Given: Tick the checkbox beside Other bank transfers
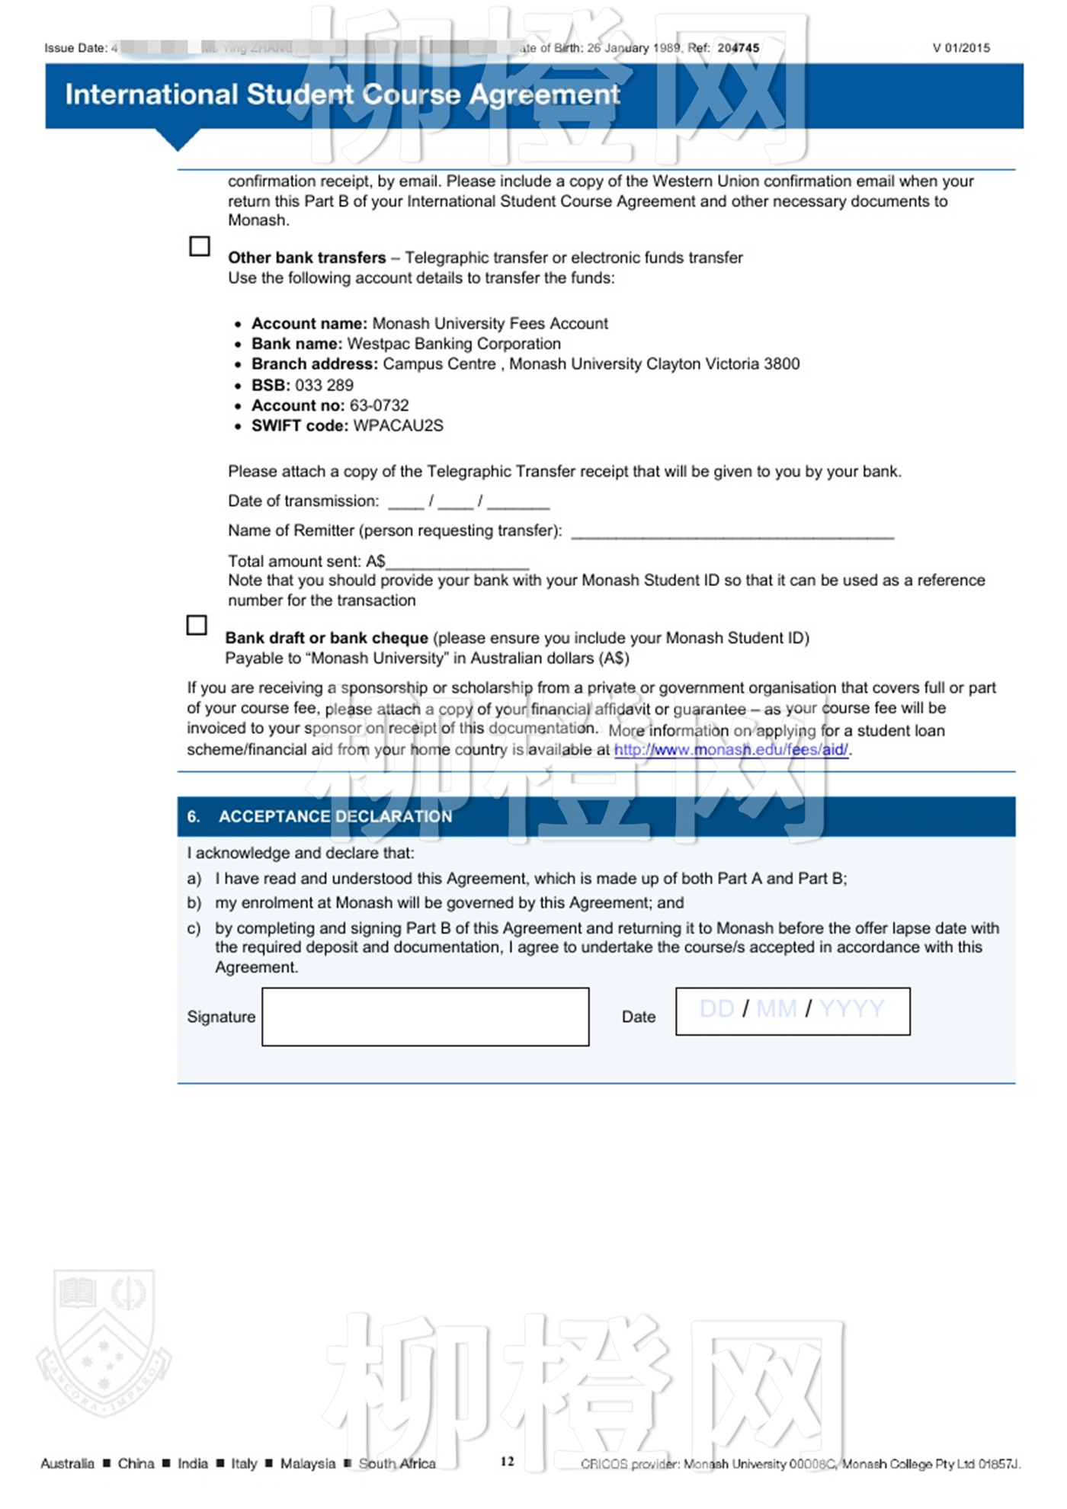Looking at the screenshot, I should tap(200, 246).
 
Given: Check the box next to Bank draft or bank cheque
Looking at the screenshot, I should tap(197, 625).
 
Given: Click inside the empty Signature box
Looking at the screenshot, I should tap(425, 1017).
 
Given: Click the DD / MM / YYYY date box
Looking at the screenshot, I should tap(793, 1011).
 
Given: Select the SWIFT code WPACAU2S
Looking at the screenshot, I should tap(398, 426).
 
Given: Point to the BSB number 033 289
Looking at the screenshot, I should tap(324, 385).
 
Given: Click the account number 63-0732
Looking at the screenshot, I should tap(379, 405).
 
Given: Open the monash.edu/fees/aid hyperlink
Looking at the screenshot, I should tap(731, 750).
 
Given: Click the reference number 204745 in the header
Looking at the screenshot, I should tap(738, 48).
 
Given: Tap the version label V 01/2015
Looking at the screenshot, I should tap(961, 48).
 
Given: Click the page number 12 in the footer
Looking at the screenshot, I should tap(508, 1461).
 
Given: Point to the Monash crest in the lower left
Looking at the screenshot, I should tap(104, 1343).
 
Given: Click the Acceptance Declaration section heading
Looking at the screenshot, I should tap(335, 816).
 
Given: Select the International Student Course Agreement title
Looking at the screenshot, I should tap(342, 95).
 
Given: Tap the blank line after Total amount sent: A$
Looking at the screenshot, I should tap(457, 563).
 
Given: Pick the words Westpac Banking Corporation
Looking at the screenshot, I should tap(453, 344).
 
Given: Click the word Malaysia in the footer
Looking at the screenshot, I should tap(307, 1463).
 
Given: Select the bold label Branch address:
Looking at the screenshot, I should tap(315, 364).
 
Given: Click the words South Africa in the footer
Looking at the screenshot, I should tap(397, 1463).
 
